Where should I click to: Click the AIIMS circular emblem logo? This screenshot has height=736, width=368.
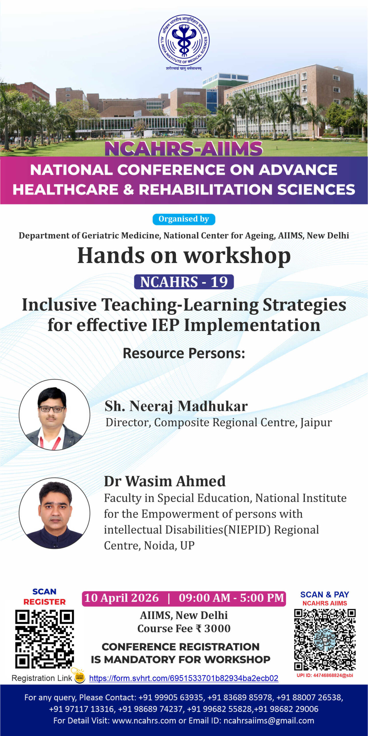click(184, 40)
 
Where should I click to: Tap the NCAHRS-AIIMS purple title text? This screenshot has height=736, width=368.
click(184, 149)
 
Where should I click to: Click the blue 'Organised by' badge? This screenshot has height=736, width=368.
click(184, 219)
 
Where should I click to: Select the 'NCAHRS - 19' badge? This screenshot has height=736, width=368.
click(184, 282)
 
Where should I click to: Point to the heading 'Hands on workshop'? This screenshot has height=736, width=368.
click(184, 256)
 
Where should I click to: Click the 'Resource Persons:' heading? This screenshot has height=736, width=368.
click(184, 353)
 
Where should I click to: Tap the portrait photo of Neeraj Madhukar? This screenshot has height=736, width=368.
click(55, 415)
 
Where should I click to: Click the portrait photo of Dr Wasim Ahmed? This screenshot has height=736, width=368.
click(55, 513)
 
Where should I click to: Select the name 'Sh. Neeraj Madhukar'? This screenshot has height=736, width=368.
click(176, 406)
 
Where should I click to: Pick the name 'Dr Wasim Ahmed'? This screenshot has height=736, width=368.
click(165, 481)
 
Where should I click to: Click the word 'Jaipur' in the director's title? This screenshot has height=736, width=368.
click(316, 423)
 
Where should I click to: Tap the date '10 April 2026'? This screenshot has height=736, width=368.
click(121, 598)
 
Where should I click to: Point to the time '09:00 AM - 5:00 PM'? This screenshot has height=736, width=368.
click(231, 598)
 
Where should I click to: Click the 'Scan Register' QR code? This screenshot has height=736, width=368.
click(44, 639)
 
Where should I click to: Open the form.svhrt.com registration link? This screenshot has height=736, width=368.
click(184, 678)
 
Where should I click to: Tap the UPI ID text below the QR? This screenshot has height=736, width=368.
click(325, 675)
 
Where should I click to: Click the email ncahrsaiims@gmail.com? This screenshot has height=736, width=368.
click(269, 721)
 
